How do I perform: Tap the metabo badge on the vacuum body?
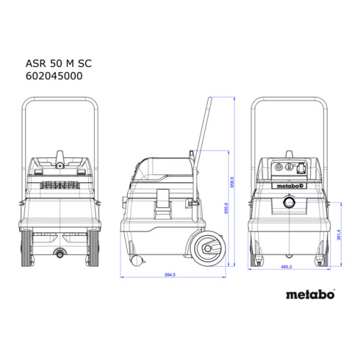(x=291, y=184)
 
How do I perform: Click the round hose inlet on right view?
(x=292, y=201)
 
